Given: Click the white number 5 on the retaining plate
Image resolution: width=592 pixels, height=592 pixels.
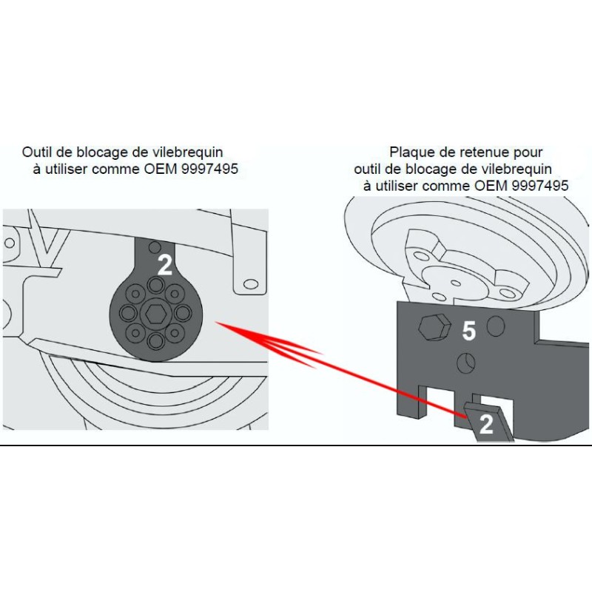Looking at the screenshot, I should pos(468,331).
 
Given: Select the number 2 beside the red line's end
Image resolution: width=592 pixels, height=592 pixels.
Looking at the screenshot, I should pos(486,425).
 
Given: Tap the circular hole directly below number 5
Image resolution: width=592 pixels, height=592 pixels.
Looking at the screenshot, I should pos(465,362).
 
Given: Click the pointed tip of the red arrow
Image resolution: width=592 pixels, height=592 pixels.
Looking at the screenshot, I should pos(217,323).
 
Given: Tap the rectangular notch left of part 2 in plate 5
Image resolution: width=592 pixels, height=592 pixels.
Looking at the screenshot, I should pos(442,400).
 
